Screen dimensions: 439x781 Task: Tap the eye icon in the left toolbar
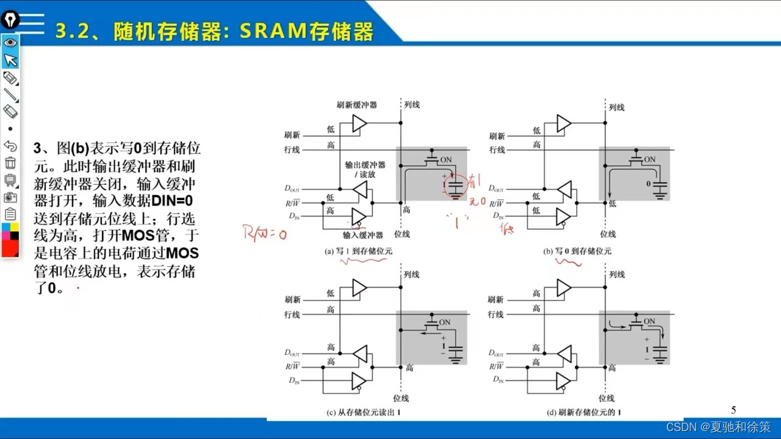coord(10,43)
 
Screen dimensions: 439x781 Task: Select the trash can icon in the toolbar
coord(10,163)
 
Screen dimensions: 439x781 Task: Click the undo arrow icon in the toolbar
coord(10,146)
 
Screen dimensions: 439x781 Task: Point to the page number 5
coord(733,410)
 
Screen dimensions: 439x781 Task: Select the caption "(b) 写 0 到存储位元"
coord(577,251)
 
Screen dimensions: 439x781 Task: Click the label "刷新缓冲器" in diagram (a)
coord(357,105)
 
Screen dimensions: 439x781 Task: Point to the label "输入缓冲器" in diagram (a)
coord(362,235)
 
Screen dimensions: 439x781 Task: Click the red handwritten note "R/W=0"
coord(265,233)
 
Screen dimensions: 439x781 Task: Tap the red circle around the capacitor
coord(455,187)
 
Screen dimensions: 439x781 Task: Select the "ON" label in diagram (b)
coord(649,160)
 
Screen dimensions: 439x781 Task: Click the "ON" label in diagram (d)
coord(649,321)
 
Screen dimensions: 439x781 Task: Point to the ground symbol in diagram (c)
coord(455,358)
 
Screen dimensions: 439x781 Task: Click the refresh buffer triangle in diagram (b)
coord(563,124)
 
